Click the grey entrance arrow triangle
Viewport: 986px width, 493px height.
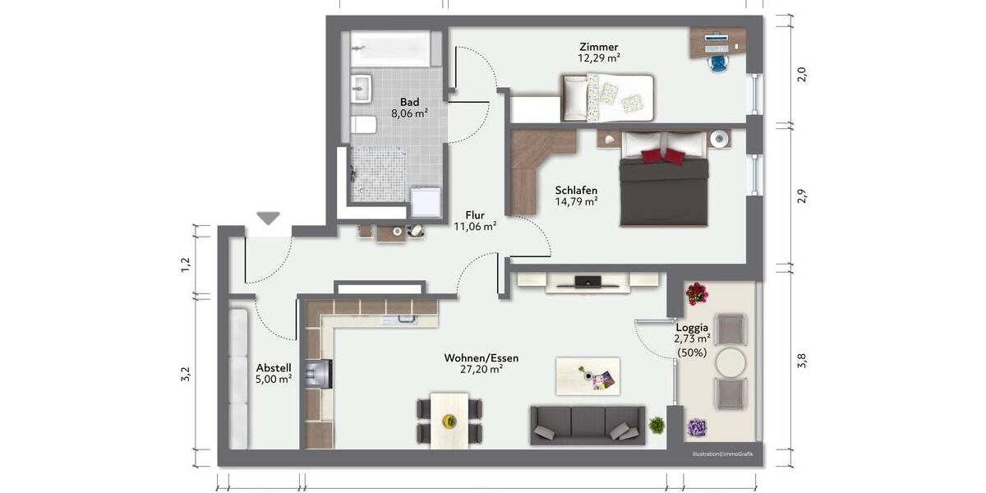click(268, 218)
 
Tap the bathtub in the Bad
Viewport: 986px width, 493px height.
click(389, 48)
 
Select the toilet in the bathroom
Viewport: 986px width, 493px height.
click(364, 125)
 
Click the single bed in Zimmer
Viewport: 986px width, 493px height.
click(608, 97)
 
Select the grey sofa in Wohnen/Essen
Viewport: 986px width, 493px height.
click(586, 424)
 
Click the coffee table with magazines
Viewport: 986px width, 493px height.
click(587, 376)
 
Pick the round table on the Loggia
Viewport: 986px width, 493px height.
click(730, 362)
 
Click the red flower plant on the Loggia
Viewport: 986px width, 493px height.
click(697, 293)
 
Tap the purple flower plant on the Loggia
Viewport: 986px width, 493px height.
click(697, 428)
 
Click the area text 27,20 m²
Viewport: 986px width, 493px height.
click(481, 371)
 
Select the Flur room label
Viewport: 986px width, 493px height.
click(475, 214)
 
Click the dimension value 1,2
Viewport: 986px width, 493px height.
click(186, 265)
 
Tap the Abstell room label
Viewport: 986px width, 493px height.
click(274, 367)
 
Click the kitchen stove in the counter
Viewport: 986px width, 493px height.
click(318, 373)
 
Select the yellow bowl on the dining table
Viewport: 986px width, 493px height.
click(449, 421)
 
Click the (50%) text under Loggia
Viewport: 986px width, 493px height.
click(692, 352)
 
